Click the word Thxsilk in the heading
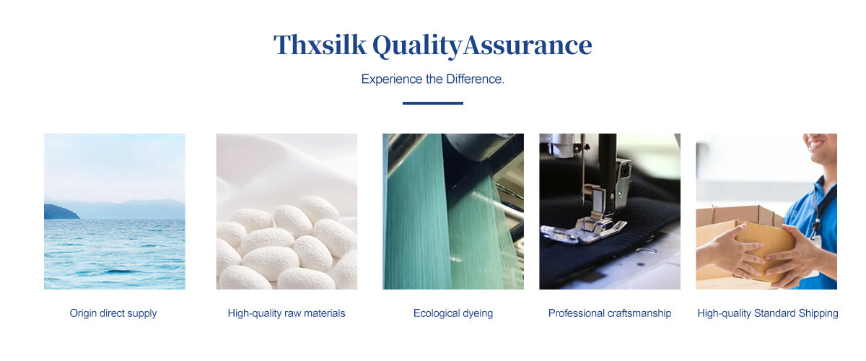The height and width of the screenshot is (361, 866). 320,45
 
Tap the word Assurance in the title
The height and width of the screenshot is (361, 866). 528,45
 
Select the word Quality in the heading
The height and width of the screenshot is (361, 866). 417,46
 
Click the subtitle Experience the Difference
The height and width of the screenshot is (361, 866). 432,79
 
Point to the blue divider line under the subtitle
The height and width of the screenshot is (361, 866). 432,103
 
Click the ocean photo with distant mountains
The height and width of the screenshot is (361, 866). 115,212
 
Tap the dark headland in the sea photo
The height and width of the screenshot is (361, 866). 60,212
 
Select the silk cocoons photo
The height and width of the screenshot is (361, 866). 287,212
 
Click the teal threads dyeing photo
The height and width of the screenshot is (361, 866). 453,212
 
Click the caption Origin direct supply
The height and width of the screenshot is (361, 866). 113,313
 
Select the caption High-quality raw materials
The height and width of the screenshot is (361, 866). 286,313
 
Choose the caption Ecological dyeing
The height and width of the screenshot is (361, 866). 453,313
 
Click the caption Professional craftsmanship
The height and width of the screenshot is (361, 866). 610,313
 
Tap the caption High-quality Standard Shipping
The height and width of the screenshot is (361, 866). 768,313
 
